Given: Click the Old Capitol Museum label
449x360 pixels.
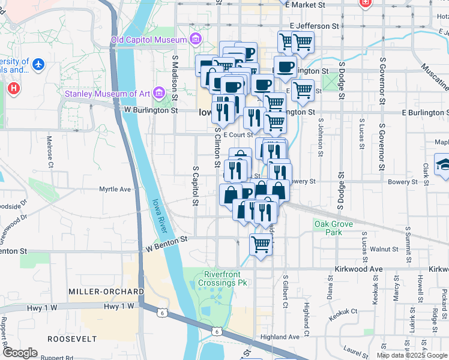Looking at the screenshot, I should [x=149, y=40].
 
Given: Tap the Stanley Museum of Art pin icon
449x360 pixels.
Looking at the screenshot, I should [x=158, y=93].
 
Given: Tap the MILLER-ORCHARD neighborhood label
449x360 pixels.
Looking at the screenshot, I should [x=106, y=292].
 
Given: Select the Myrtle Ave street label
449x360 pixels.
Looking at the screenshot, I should [x=115, y=190].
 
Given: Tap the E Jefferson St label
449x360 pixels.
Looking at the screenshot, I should [x=318, y=26].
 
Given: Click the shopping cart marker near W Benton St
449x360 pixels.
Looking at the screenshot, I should [x=261, y=244].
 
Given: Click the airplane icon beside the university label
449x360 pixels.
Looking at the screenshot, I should [x=39, y=63].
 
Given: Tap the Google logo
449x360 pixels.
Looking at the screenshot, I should [x=20, y=353].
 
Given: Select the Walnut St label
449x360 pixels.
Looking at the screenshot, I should [x=384, y=248].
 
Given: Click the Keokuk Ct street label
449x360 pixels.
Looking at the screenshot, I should [x=345, y=311].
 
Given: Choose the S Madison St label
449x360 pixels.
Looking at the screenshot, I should [x=175, y=78].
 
